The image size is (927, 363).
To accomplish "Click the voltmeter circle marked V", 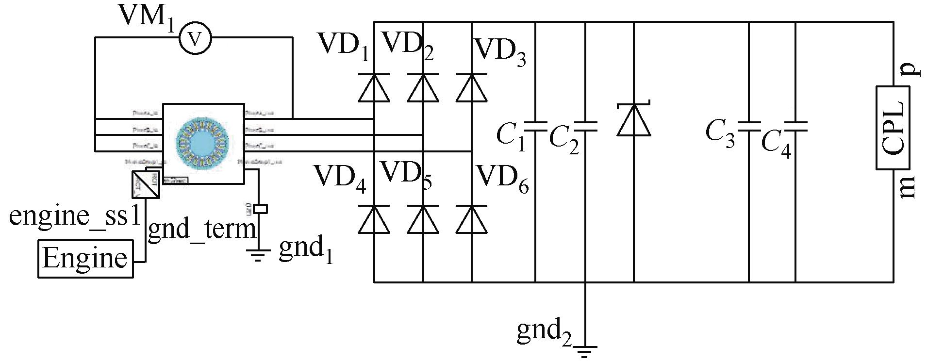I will click(x=195, y=38).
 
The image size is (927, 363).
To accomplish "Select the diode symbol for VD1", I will click(x=374, y=88).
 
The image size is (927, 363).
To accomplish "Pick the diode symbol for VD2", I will click(x=423, y=88).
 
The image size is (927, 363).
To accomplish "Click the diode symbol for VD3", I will click(x=471, y=88).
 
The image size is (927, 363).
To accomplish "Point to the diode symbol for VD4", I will click(x=374, y=219).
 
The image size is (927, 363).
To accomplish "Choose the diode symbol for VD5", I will click(x=423, y=219).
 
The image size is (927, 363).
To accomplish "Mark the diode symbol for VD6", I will click(x=471, y=219).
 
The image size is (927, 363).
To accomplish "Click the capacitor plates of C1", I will click(x=535, y=127).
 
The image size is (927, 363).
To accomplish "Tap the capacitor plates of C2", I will click(x=585, y=127).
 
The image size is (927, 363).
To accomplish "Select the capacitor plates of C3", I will click(x=749, y=127).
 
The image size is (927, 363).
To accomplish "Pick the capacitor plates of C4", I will click(x=795, y=127).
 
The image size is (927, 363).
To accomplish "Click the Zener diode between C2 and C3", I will click(x=634, y=119).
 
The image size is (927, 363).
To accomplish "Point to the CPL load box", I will click(x=893, y=128).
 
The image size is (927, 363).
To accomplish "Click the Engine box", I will click(x=85, y=258).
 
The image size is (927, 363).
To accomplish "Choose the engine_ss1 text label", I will click(x=75, y=215).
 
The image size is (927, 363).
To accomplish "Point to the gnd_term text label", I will click(x=201, y=229).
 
